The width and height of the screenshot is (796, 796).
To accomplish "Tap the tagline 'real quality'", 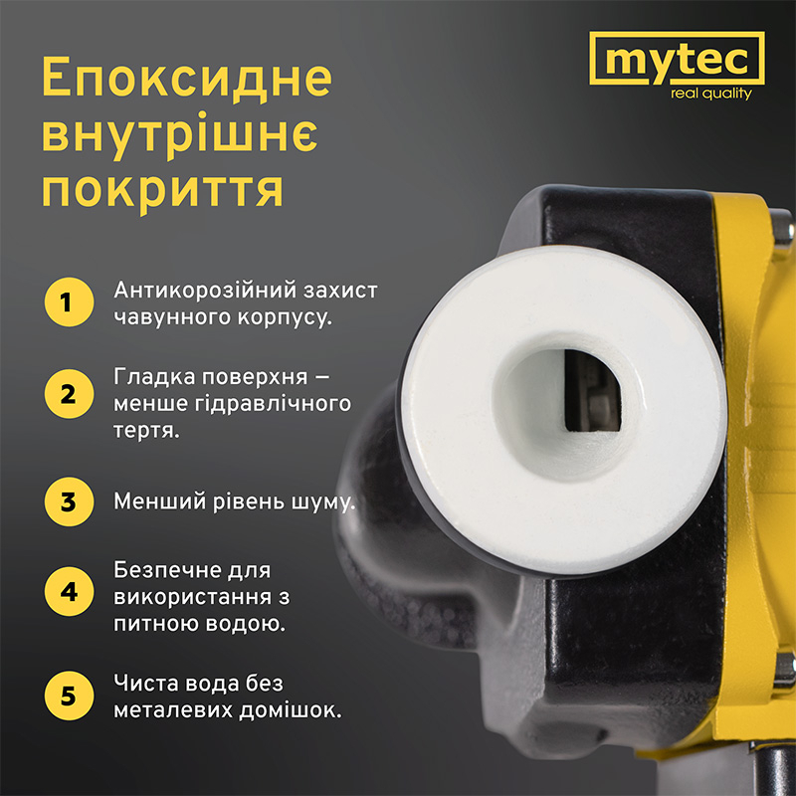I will point(711,95).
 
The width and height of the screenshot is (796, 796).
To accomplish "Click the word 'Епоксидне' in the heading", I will point(185,80).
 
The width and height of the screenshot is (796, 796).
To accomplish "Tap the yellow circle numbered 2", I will point(68,392).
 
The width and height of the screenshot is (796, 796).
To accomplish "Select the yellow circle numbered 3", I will point(68,500).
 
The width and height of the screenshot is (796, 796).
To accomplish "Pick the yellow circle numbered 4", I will point(68,591).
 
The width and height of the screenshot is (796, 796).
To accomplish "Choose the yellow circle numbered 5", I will point(68,695).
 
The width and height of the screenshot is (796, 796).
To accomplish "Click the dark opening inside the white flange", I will point(592,393).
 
